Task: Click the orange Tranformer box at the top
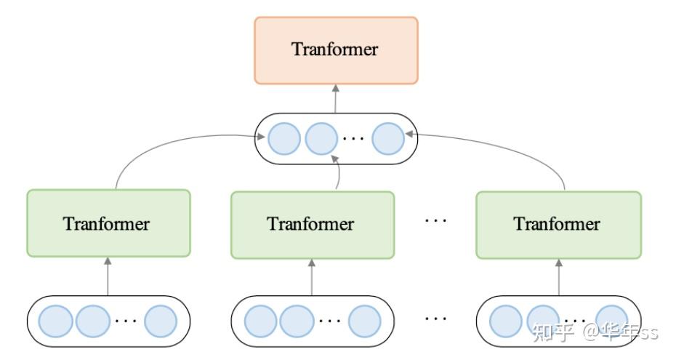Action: pyautogui.click(x=336, y=50)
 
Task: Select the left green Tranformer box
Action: pyautogui.click(x=108, y=223)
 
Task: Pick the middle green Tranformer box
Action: pyautogui.click(x=313, y=224)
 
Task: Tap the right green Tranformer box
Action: pyautogui.click(x=558, y=224)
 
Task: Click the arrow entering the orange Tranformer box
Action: pyautogui.click(x=336, y=98)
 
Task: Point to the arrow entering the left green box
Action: pyautogui.click(x=108, y=276)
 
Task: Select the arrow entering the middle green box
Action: pyautogui.click(x=313, y=276)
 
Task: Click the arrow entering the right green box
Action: pyautogui.click(x=558, y=276)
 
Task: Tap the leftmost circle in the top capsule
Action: pyautogui.click(x=283, y=138)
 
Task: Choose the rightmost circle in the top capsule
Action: pyautogui.click(x=387, y=138)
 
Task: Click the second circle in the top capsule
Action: pyautogui.click(x=321, y=138)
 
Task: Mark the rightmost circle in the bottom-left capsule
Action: pyautogui.click(x=160, y=320)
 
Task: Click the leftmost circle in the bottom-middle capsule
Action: pyautogui.click(x=260, y=320)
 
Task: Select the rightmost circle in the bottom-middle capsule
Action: pyautogui.click(x=364, y=320)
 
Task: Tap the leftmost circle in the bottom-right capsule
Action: pyautogui.click(x=505, y=320)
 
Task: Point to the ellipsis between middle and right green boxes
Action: pyautogui.click(x=435, y=219)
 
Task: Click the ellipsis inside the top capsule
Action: pyautogui.click(x=354, y=140)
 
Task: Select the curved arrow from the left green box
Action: pyautogui.click(x=160, y=145)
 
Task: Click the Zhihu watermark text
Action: pyautogui.click(x=595, y=332)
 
